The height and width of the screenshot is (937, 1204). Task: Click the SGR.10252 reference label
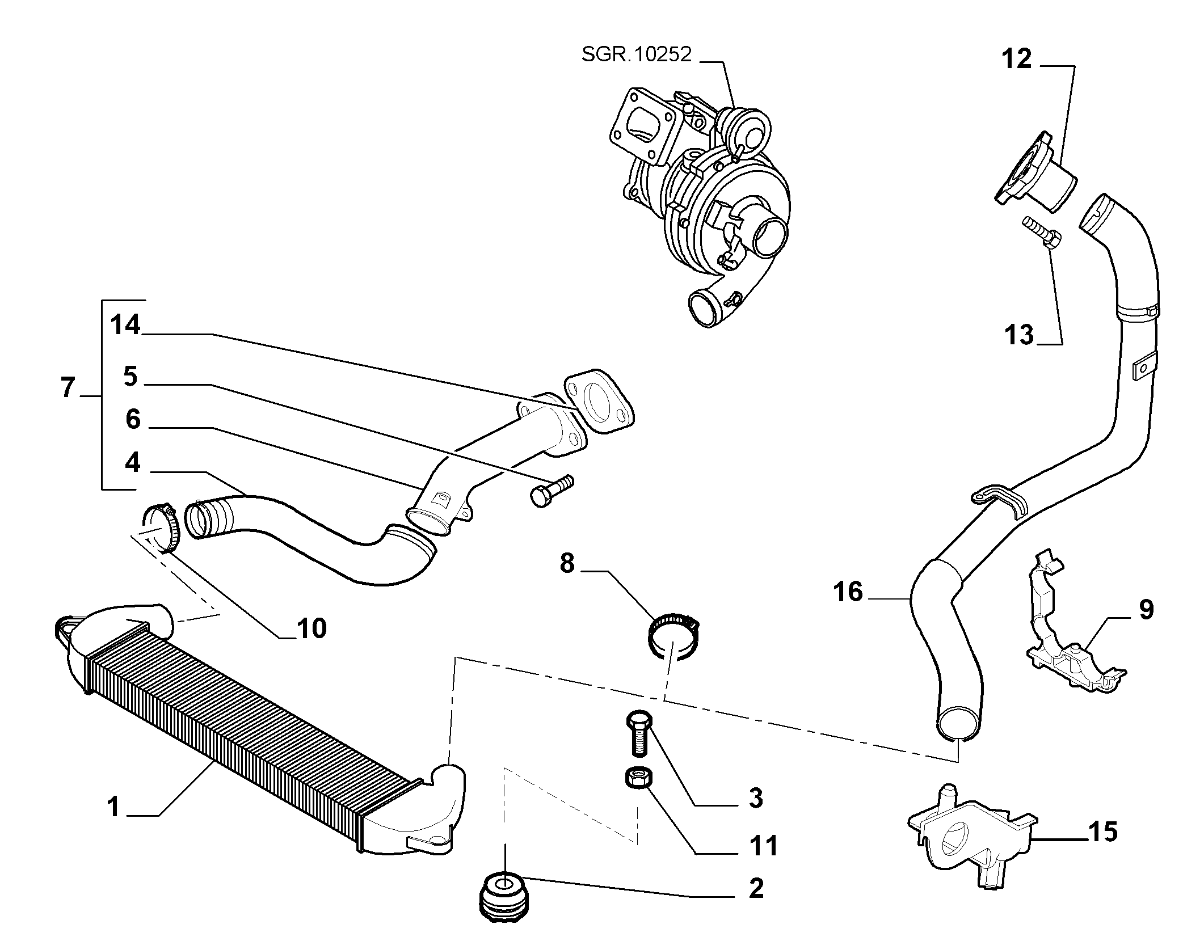pyautogui.click(x=637, y=55)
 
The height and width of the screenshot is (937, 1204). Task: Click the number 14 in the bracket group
pyautogui.click(x=125, y=325)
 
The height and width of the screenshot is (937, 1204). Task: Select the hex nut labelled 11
pyautogui.click(x=638, y=778)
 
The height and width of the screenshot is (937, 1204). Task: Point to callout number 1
pyautogui.click(x=113, y=806)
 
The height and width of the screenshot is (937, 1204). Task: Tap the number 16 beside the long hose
pyautogui.click(x=848, y=592)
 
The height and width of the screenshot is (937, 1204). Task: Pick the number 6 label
pyautogui.click(x=132, y=419)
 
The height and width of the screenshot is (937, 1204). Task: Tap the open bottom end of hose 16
pyautogui.click(x=958, y=724)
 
